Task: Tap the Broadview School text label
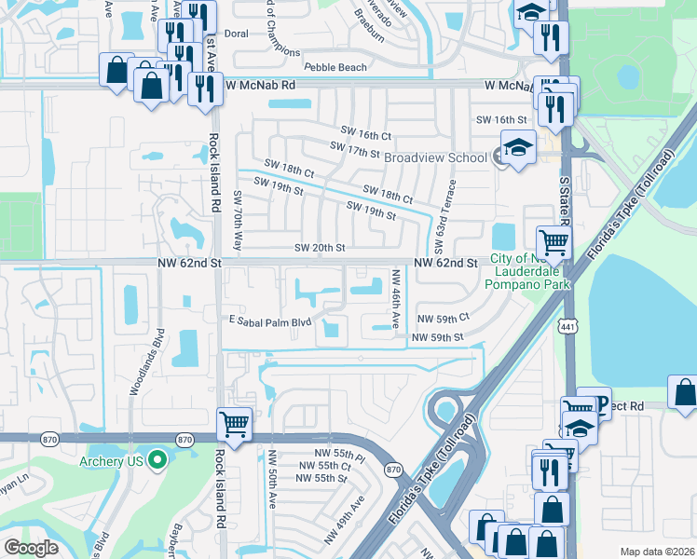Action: coord(435,157)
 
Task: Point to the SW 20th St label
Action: coord(320,248)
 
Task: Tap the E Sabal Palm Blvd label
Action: coord(268,321)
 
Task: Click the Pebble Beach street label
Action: coord(335,67)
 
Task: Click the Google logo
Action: coord(31,548)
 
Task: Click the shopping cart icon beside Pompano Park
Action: coord(553,241)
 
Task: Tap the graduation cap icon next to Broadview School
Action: coord(515,146)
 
